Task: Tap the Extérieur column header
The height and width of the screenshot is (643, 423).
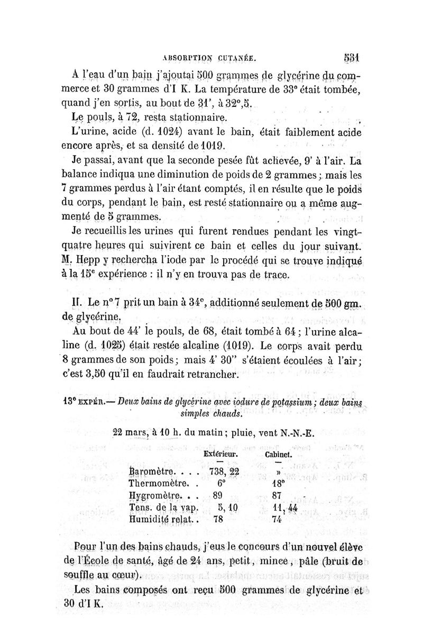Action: (219, 454)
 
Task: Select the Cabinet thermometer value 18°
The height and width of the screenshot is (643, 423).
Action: (280, 484)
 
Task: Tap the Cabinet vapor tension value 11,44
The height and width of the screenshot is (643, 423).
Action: (284, 508)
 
